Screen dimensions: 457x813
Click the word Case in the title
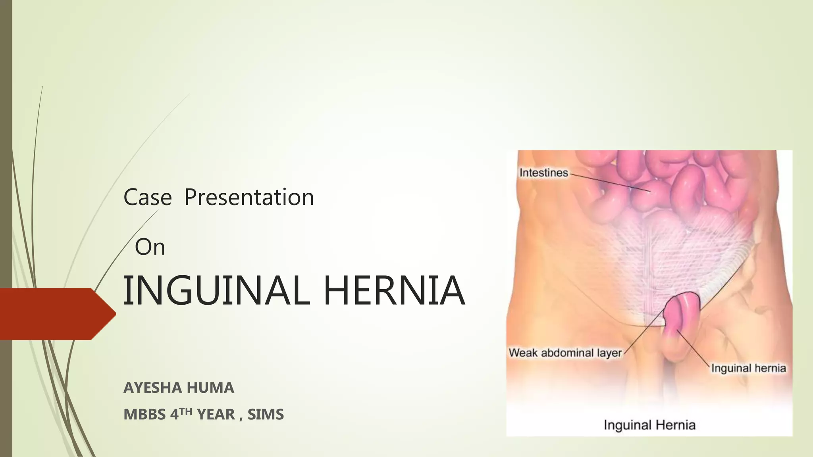pyautogui.click(x=147, y=197)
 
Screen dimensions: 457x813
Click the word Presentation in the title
pyautogui.click(x=249, y=197)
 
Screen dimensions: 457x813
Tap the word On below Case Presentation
pyautogui.click(x=150, y=247)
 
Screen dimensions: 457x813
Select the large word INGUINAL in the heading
pyautogui.click(x=216, y=291)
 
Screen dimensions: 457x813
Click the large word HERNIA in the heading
pyautogui.click(x=394, y=291)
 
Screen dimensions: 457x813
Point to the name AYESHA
pyautogui.click(x=153, y=388)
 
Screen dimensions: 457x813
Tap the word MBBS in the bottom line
pyautogui.click(x=144, y=415)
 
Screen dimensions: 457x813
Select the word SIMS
pyautogui.click(x=266, y=415)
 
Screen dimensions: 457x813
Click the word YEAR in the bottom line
pyautogui.click(x=216, y=415)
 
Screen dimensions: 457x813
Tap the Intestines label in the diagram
pyautogui.click(x=543, y=173)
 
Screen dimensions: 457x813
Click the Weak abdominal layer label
pyautogui.click(x=565, y=353)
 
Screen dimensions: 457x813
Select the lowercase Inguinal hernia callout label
pyautogui.click(x=748, y=368)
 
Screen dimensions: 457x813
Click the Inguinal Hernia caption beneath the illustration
pyautogui.click(x=649, y=425)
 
